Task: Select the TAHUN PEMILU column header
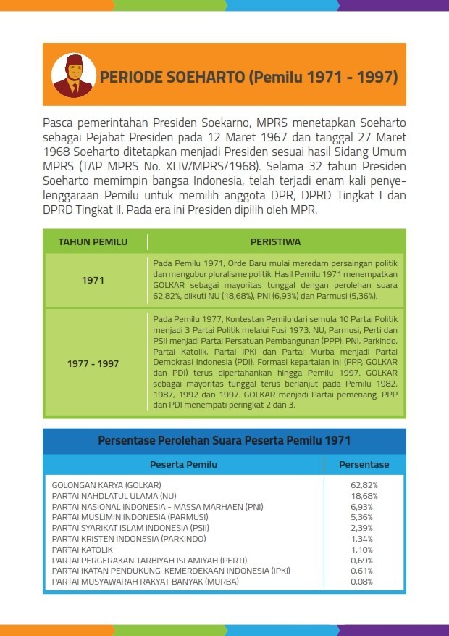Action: [93, 241]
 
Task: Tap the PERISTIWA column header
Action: [275, 241]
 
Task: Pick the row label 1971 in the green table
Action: [93, 280]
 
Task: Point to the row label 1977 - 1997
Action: [93, 363]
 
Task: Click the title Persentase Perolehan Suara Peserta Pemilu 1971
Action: [224, 440]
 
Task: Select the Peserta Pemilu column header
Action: [183, 465]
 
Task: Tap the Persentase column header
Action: [364, 465]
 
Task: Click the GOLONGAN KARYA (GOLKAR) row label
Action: [106, 484]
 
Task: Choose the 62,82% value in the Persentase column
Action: [364, 484]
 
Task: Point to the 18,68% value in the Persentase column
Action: [364, 495]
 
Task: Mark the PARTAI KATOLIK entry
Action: [83, 550]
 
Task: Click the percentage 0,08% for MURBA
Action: [364, 582]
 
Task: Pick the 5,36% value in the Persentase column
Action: [364, 517]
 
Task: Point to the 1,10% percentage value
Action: [364, 550]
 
